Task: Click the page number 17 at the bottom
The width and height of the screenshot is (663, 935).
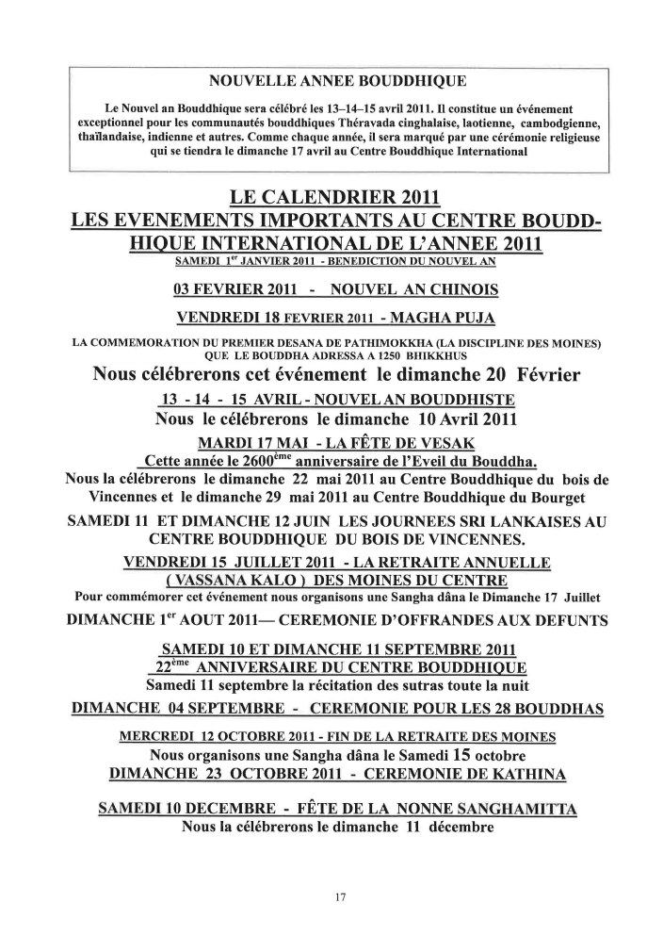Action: (340, 896)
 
